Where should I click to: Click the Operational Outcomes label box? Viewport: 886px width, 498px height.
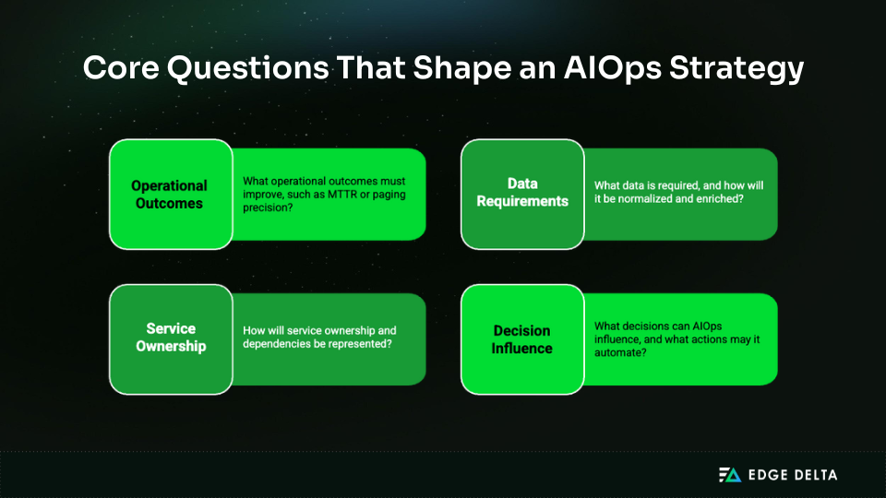[170, 195]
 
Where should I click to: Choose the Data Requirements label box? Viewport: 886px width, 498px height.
[522, 193]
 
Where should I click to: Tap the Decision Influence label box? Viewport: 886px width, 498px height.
[522, 339]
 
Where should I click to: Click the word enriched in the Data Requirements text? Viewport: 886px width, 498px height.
[719, 198]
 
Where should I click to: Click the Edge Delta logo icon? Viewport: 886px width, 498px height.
[729, 475]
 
